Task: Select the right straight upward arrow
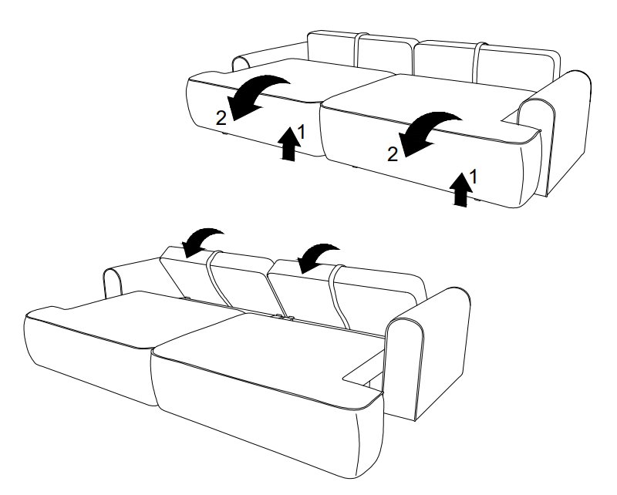click(x=460, y=189)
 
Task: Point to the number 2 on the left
click(x=221, y=118)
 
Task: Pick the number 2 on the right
click(x=393, y=154)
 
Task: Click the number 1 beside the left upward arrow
click(x=302, y=132)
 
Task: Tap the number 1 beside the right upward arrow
click(x=474, y=177)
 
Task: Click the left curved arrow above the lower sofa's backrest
click(x=201, y=239)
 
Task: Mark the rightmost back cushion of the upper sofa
click(x=518, y=65)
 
